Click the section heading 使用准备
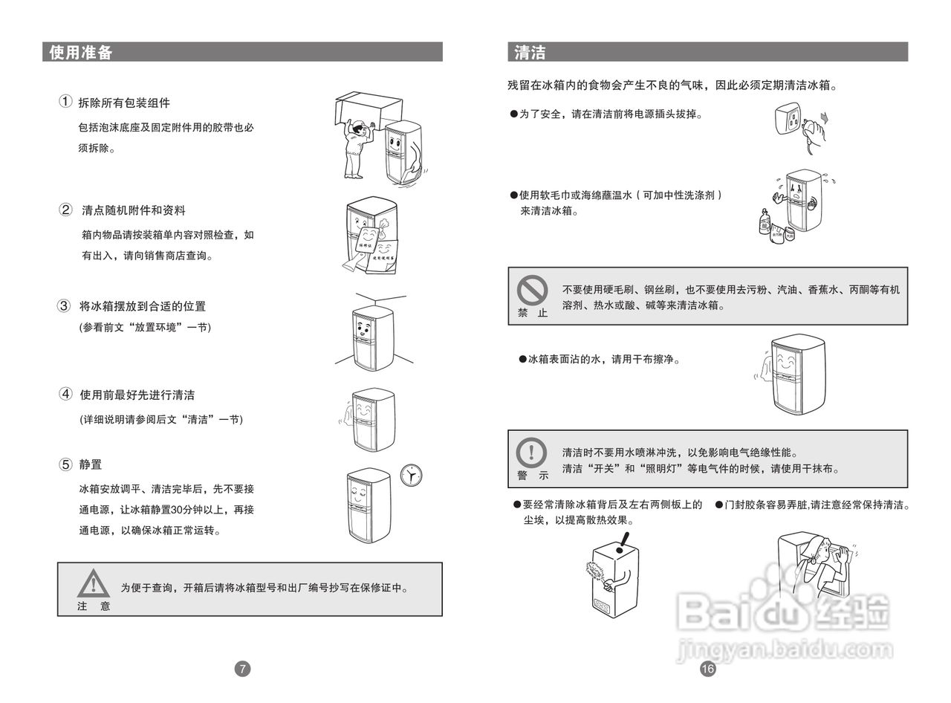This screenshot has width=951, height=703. point(80,52)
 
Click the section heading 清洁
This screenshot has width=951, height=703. point(530,52)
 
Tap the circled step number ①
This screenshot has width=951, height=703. point(65,102)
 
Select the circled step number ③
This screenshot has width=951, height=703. point(64,305)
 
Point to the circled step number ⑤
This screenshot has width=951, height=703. point(65,464)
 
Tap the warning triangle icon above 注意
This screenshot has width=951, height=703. point(93,583)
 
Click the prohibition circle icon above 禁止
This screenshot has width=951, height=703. point(532,290)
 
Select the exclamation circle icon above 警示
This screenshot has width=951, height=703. point(532,452)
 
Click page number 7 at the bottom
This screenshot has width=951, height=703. point(243,669)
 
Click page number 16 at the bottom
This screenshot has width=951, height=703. point(707,669)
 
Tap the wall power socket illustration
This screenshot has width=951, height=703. point(789,117)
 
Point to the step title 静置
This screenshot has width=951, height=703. point(91,464)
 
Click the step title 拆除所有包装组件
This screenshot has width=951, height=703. point(124,103)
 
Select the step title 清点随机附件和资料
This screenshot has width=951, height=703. point(134,210)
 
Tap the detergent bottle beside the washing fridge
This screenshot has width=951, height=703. point(765,221)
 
